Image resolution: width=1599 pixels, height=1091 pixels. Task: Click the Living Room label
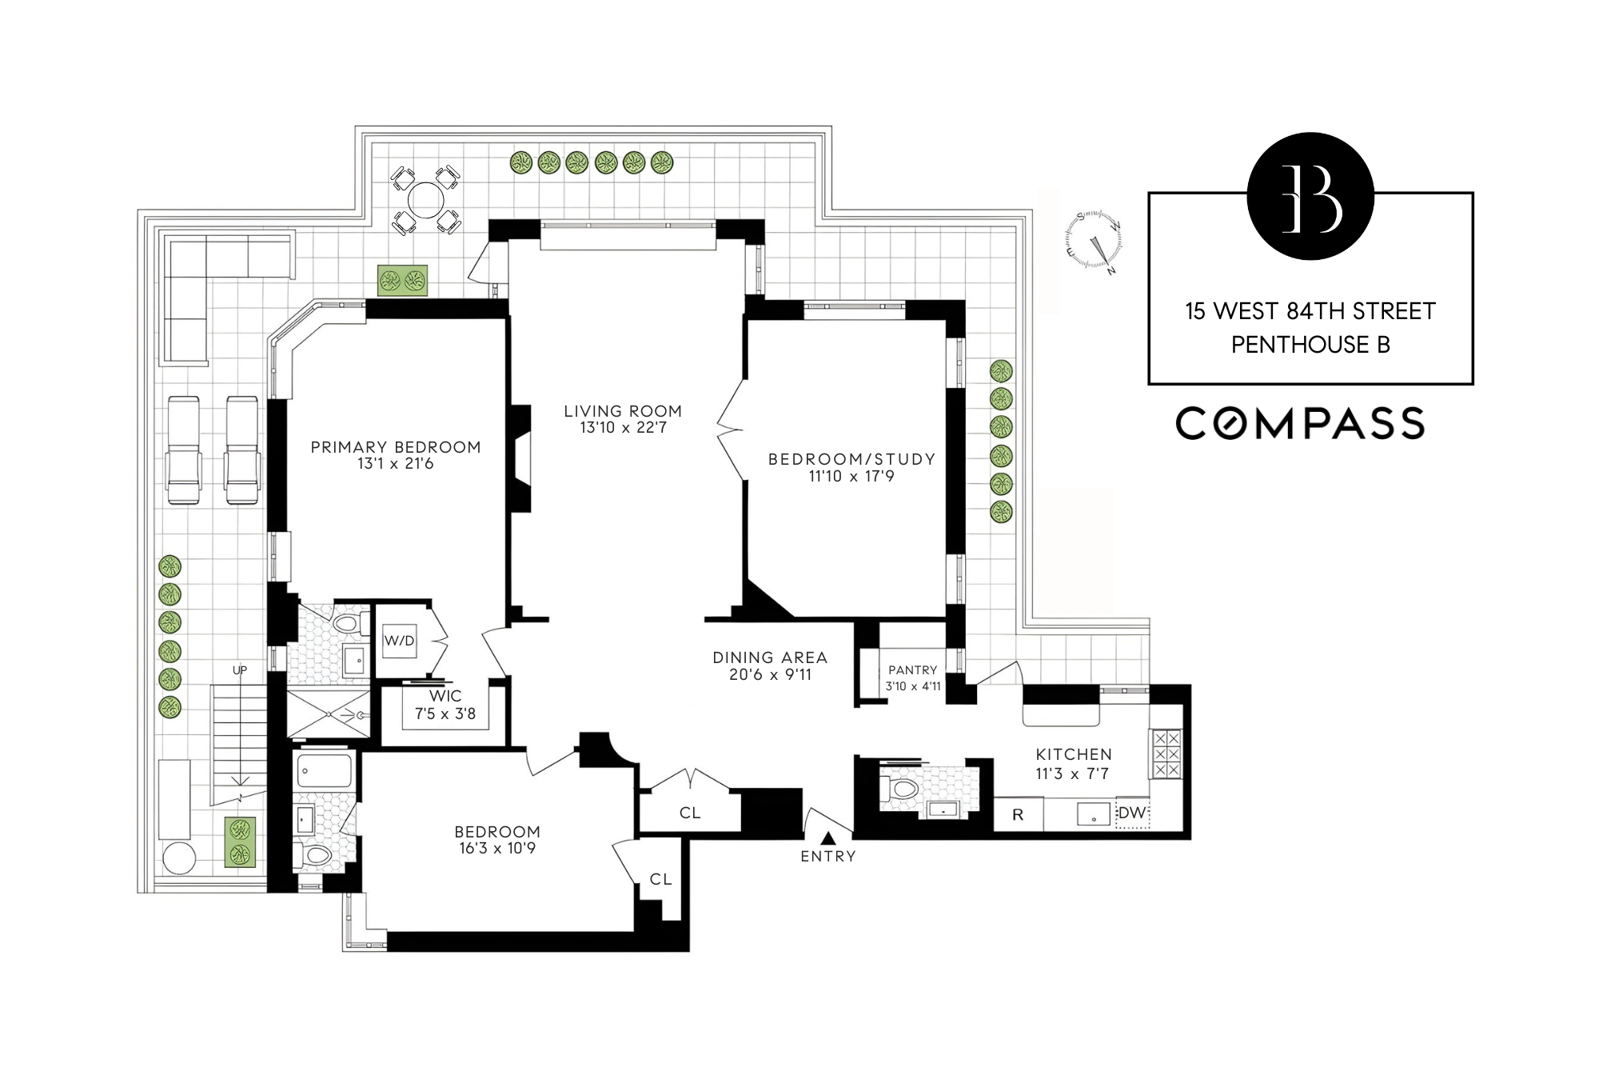622,411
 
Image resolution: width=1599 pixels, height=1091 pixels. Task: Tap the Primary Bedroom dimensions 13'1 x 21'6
396,464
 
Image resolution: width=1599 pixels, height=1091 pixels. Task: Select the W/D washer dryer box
399,641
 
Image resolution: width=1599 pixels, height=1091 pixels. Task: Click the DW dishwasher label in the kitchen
1131,813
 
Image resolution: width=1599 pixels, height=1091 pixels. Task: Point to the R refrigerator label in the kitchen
1018,815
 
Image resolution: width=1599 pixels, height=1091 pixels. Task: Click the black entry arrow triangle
828,838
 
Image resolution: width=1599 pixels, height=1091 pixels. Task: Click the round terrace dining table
426,199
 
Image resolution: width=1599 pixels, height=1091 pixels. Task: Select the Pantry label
912,670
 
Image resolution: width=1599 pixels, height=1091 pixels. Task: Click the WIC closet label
445,697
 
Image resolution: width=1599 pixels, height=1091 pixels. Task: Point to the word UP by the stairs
240,670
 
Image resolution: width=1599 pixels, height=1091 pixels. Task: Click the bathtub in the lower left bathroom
324,771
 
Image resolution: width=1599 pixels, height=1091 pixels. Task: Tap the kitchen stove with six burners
1165,753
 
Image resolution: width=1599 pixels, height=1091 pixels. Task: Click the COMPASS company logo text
1299,423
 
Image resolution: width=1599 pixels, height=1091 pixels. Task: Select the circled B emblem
1310,197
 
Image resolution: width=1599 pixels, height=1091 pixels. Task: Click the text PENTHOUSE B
1310,345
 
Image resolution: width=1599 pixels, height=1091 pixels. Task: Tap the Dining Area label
770,657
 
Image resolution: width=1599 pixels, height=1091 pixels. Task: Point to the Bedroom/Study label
851,459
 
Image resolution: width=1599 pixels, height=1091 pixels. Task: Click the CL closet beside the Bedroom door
660,879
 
